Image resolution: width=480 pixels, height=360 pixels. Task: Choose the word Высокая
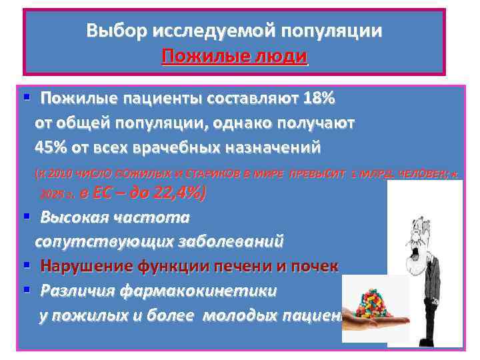pyautogui.click(x=74, y=218)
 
